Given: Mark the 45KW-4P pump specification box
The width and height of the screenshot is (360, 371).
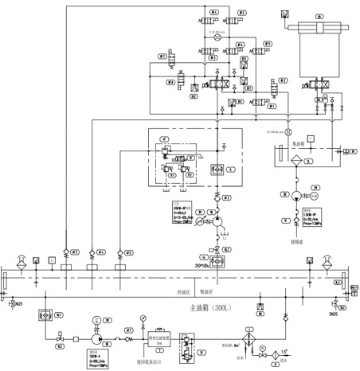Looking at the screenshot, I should point(184,215).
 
